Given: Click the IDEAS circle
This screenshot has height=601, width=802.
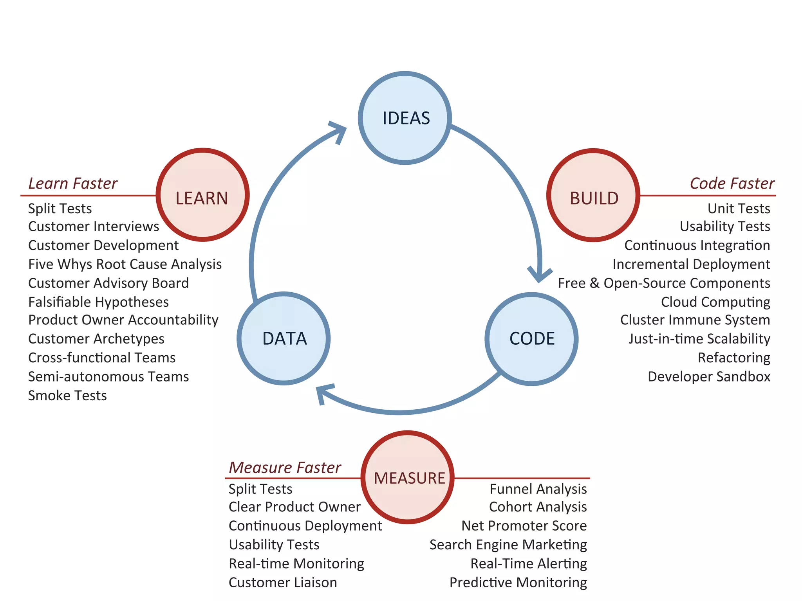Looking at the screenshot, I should point(405,118).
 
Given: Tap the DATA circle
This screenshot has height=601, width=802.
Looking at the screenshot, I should point(284,338).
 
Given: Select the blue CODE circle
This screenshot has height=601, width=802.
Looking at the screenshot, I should point(531,339).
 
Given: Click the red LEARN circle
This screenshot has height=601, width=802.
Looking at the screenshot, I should point(202,195).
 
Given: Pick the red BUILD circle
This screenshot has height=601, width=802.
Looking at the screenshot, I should point(593,195).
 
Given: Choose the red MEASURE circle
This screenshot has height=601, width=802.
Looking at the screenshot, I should point(408,477).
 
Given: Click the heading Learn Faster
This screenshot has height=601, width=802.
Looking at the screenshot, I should point(73,183).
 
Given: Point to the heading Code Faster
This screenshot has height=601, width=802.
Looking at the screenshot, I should point(732,183).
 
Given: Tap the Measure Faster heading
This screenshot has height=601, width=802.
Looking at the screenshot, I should point(285,468).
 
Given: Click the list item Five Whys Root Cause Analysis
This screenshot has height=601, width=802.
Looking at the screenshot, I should point(125,264).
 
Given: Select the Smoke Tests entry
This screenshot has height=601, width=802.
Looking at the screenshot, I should point(67,396).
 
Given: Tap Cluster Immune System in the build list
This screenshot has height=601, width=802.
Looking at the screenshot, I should point(695,320).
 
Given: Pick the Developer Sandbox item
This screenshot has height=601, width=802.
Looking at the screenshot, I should point(709,376).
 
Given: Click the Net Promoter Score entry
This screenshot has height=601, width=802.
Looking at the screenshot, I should point(524,525).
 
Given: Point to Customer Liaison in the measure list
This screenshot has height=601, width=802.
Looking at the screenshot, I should point(283,582).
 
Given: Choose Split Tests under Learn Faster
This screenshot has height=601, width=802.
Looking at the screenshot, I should point(60,209).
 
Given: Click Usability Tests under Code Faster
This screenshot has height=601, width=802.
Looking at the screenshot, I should point(725,226).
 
